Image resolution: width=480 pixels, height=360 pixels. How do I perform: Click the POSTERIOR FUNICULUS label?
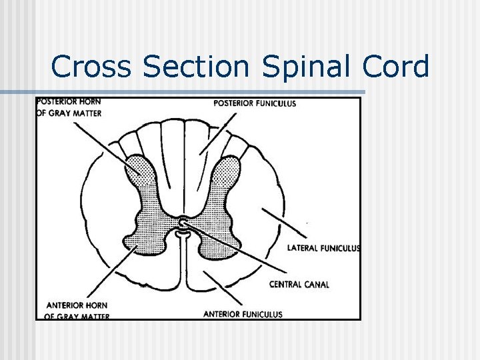coord(255,103)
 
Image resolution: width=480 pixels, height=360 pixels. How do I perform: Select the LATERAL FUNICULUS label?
coord(323,248)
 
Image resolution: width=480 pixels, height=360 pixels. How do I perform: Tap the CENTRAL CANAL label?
coord(299,285)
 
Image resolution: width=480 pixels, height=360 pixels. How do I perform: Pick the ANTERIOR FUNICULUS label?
coord(243,314)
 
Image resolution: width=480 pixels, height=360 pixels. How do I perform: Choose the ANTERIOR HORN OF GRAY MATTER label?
coord(77,310)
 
